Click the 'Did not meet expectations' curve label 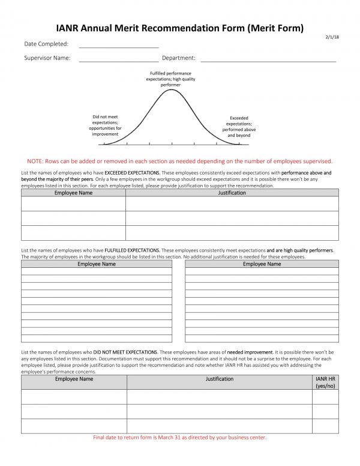(105, 126)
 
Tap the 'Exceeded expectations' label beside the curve (239, 127)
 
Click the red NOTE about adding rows (179, 161)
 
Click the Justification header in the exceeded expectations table (232, 193)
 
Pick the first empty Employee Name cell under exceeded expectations (73, 204)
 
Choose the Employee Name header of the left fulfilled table (97, 264)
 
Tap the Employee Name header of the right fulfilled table (262, 264)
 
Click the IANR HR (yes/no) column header (325, 383)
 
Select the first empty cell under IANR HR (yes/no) (325, 397)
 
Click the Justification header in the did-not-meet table (220, 380)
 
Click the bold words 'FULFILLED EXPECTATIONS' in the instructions (131, 250)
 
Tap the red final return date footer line (179, 438)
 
